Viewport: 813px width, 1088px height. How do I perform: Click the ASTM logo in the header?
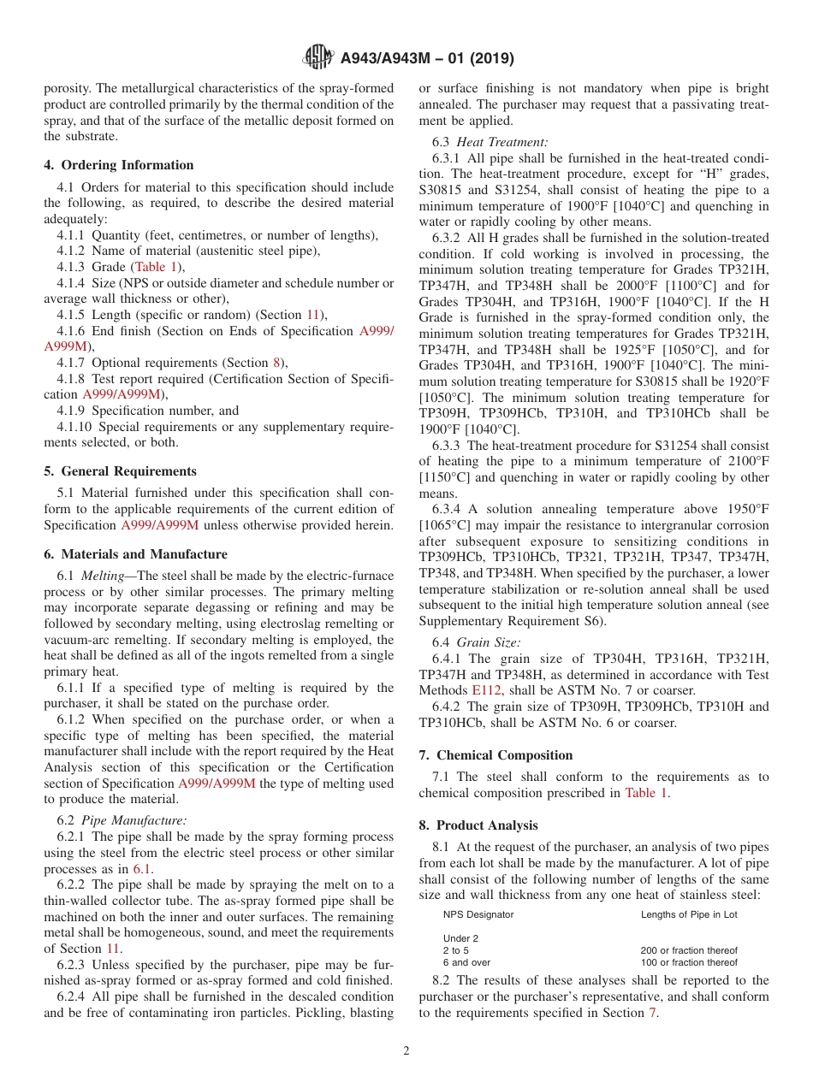click(x=318, y=58)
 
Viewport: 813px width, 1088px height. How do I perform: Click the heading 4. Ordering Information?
click(x=119, y=165)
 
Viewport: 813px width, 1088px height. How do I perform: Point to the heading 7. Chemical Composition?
click(x=496, y=755)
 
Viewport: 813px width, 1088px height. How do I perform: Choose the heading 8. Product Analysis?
click(x=478, y=825)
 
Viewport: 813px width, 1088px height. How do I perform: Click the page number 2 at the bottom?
click(x=406, y=1051)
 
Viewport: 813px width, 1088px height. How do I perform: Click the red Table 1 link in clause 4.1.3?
click(x=155, y=267)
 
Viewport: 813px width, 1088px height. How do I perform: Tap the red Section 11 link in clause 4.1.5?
click(x=315, y=315)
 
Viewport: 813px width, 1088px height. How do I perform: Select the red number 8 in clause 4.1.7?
click(x=276, y=363)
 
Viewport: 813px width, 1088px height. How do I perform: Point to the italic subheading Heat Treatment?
click(x=502, y=143)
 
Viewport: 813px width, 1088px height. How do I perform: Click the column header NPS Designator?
click(x=478, y=914)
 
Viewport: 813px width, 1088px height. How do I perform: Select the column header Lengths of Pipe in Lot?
click(x=689, y=914)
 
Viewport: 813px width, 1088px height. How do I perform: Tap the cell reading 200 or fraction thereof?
click(x=688, y=950)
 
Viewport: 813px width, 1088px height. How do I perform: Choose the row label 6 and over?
click(x=466, y=962)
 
